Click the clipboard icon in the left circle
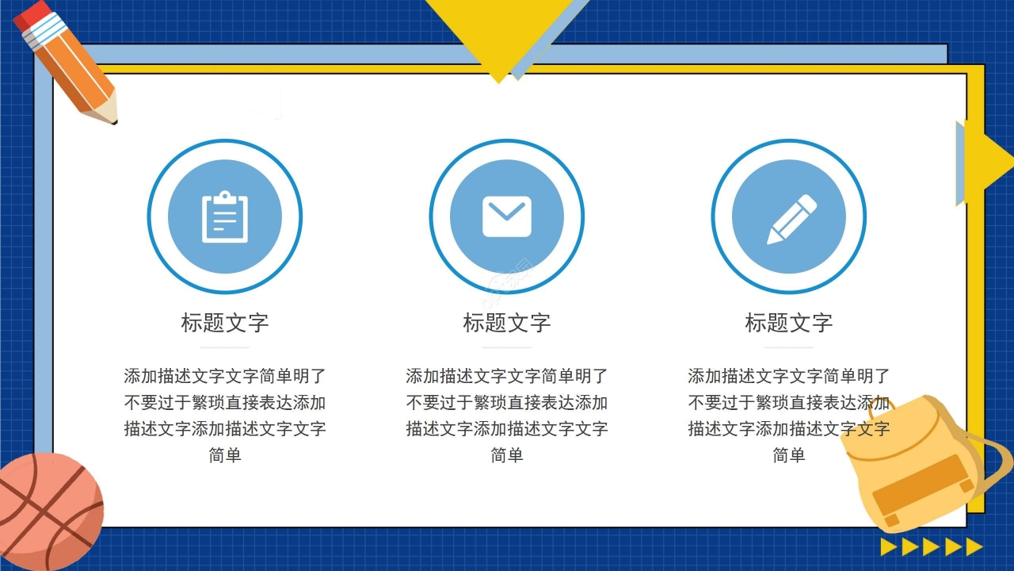(x=225, y=217)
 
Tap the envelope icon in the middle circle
(x=507, y=217)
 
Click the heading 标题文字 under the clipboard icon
(x=225, y=323)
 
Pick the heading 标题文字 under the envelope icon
(x=507, y=323)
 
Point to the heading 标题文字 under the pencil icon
(x=789, y=323)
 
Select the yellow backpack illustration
(x=919, y=468)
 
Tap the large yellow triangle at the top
(x=499, y=32)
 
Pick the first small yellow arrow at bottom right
(x=889, y=546)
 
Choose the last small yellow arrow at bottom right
(x=974, y=546)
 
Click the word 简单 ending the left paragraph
(x=225, y=455)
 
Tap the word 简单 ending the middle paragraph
(x=507, y=455)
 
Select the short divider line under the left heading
(x=225, y=347)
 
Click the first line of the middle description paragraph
(x=507, y=376)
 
